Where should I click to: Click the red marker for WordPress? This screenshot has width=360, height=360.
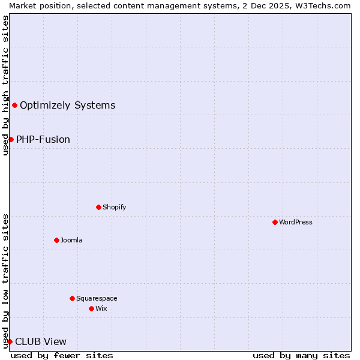tap(275, 222)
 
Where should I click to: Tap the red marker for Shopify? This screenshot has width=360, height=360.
tap(98, 207)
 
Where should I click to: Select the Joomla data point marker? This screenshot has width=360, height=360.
tap(56, 240)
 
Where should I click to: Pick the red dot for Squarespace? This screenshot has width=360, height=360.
tap(72, 298)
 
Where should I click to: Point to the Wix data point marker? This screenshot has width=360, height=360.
tap(91, 308)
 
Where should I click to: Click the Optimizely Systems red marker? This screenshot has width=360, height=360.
tap(14, 106)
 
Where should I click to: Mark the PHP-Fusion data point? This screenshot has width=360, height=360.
tap(11, 139)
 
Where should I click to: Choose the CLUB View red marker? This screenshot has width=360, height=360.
tap(10, 341)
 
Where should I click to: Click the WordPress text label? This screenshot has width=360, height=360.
tap(296, 222)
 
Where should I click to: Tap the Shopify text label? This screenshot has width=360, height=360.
tap(114, 207)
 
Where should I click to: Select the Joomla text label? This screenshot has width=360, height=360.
tap(71, 240)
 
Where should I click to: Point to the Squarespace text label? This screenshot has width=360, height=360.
tap(97, 298)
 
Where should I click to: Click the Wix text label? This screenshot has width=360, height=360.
tap(101, 308)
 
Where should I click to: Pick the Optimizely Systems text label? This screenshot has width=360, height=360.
tap(67, 106)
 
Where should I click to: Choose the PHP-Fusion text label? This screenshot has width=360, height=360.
tap(43, 139)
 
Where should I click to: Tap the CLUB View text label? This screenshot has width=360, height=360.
tap(41, 341)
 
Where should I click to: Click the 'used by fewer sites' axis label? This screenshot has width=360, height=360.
tap(62, 355)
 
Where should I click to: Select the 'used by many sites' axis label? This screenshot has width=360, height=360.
tap(301, 355)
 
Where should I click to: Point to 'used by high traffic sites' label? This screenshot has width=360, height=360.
tap(5, 85)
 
